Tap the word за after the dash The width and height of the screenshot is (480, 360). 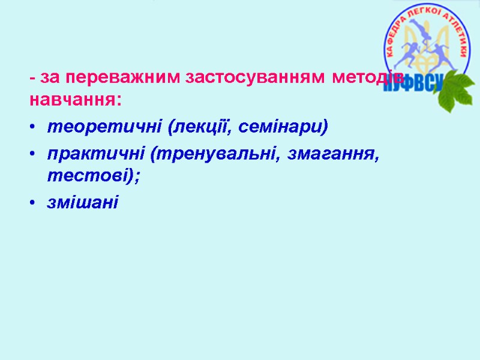click(x=50, y=78)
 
